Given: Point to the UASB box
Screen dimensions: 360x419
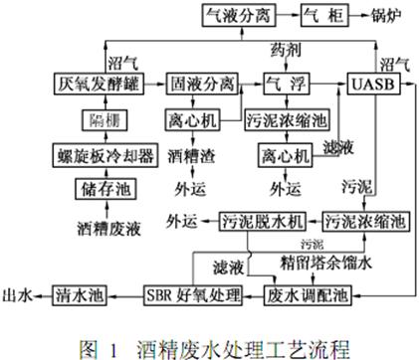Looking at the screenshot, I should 376,84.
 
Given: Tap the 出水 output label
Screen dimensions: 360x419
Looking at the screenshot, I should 20,294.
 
